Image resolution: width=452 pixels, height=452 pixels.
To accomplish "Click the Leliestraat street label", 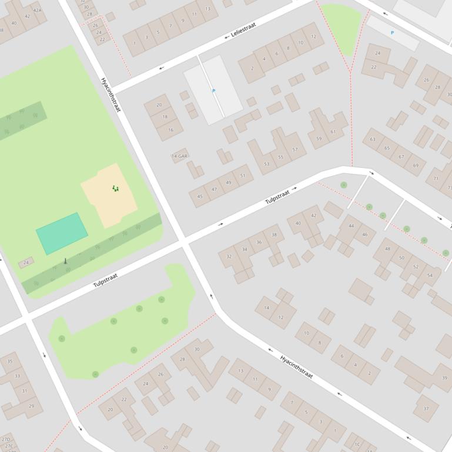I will tap(243, 32).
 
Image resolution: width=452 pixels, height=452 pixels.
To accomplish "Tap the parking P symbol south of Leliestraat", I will tap(213, 91).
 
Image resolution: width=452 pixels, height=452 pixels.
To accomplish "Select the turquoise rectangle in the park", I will tap(62, 233).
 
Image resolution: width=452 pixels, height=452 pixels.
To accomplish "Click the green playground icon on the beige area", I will tap(115, 188).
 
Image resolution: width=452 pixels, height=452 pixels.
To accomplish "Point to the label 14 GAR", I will tap(179, 157).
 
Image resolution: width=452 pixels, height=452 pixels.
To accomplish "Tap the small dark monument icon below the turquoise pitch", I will tap(65, 261).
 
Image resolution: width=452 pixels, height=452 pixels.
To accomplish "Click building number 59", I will tap(319, 139).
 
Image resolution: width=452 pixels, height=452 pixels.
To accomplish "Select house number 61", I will tap(333, 132).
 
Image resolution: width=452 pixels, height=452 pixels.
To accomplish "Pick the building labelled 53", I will tap(266, 164).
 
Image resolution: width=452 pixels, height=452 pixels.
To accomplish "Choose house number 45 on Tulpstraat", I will tap(200, 197).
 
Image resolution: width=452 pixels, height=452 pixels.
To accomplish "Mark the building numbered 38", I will tap(274, 235).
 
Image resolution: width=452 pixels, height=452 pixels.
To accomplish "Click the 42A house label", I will tap(38, 11).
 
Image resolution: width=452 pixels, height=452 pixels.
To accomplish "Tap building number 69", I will tap(416, 166).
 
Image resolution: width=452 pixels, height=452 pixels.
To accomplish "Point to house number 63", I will tap(373, 140).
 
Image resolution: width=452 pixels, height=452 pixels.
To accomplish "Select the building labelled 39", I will tap(444, 378).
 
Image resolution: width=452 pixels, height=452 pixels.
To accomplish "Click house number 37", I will tap(426, 409).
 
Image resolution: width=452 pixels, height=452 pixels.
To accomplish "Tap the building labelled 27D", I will tap(6, 439).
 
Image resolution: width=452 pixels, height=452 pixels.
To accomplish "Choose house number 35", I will tap(10, 362).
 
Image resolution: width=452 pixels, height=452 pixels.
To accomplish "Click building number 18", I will tap(165, 117).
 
